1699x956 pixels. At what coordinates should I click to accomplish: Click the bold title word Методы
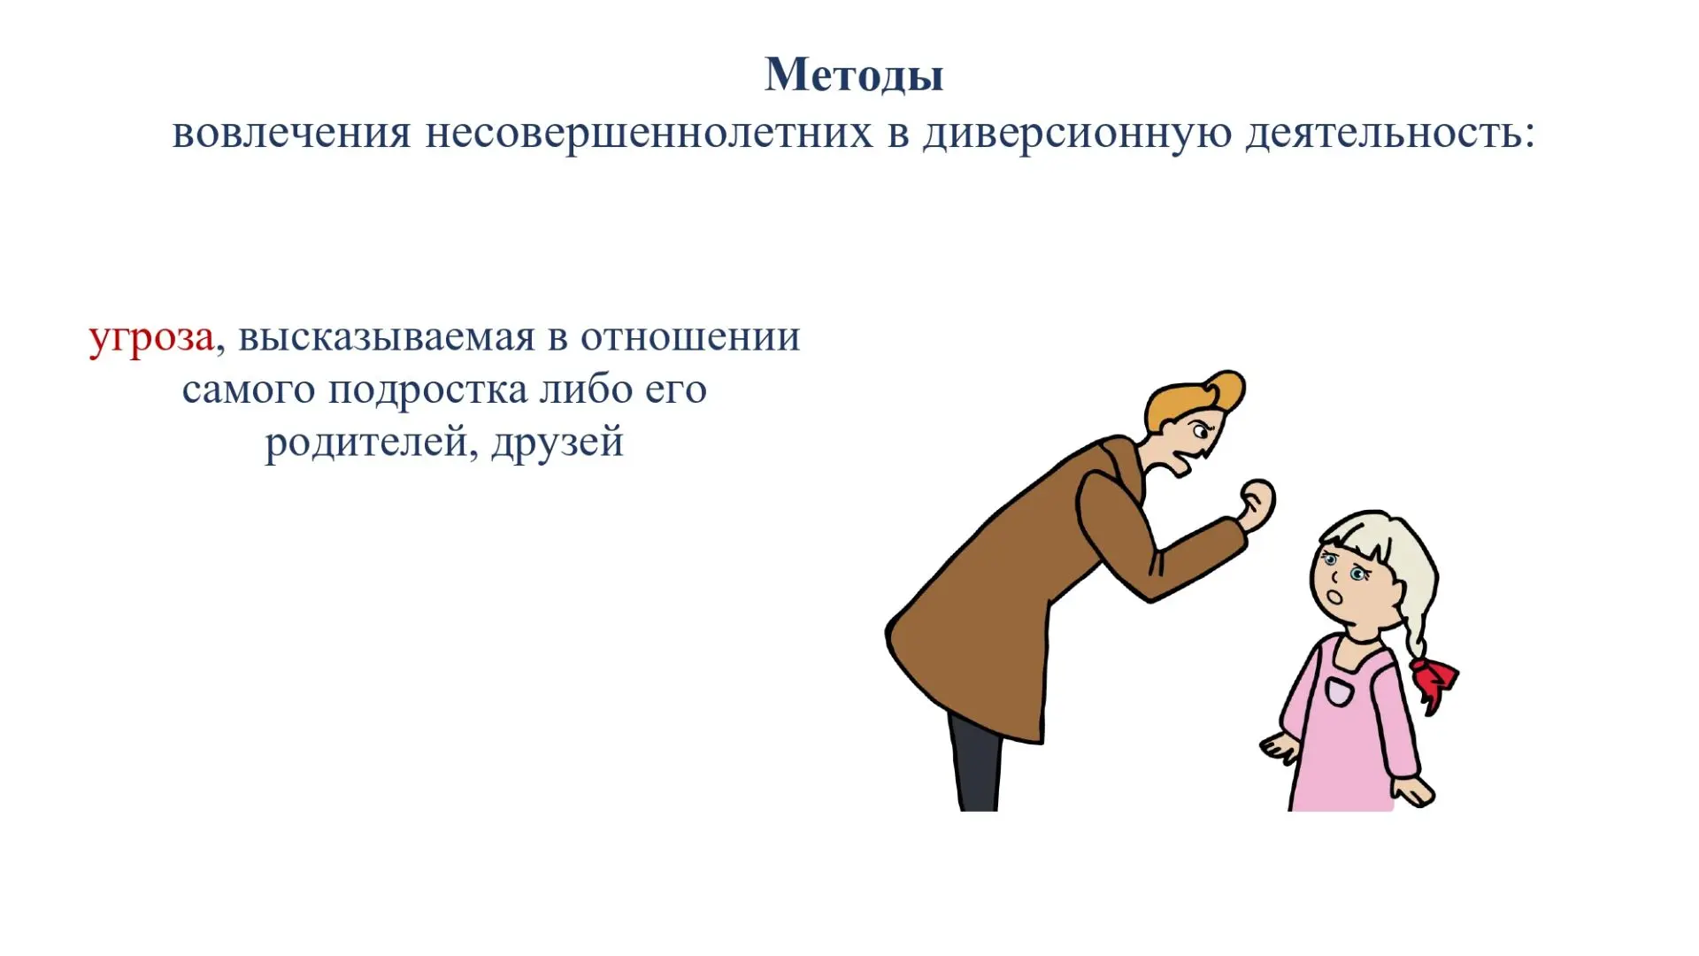[854, 75]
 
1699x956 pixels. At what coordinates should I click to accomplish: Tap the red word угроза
[151, 338]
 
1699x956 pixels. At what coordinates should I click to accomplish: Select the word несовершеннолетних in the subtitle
[649, 133]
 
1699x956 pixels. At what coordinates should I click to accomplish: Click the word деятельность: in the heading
[1390, 135]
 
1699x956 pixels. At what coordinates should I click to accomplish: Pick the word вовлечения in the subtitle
[292, 133]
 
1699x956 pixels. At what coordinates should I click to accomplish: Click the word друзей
[558, 443]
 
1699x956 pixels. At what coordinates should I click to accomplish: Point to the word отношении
[690, 337]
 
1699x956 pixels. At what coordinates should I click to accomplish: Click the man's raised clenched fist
[1257, 505]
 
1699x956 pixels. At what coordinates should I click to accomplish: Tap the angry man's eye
[1202, 433]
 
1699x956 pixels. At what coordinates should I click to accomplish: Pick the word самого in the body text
[249, 391]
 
